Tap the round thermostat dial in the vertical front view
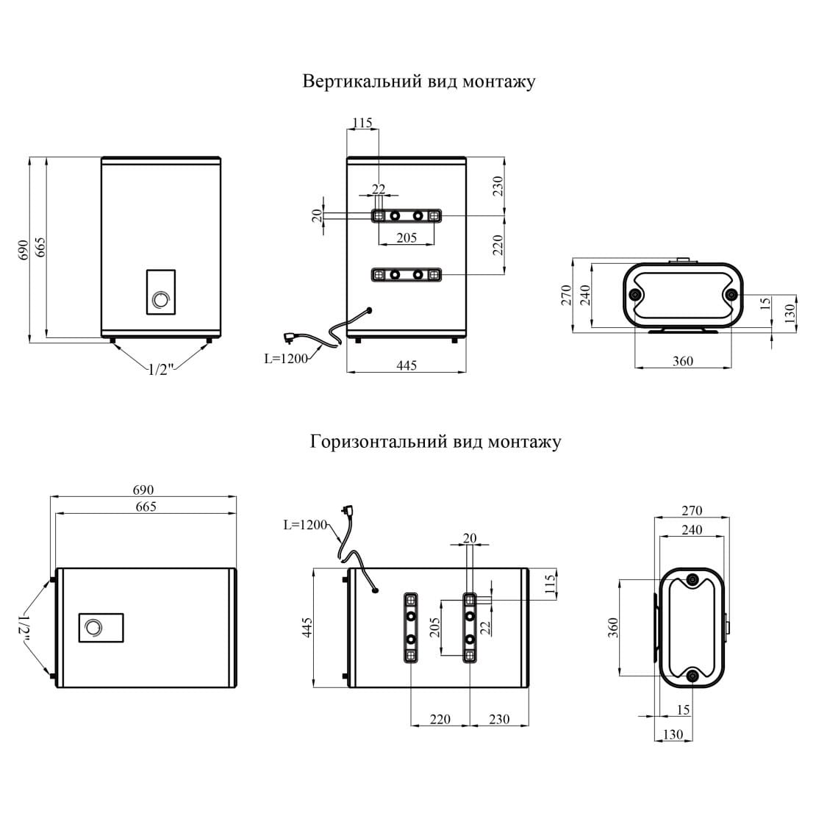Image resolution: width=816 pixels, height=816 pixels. [160, 299]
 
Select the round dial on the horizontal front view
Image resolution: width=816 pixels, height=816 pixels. [93, 628]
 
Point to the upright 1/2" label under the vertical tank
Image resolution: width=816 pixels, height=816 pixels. [160, 370]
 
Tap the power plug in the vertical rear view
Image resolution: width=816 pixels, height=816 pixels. [291, 338]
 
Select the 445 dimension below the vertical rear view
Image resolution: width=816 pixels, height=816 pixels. [406, 365]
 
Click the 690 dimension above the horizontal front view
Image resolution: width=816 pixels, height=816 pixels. [143, 490]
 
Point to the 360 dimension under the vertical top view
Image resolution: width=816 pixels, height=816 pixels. [682, 361]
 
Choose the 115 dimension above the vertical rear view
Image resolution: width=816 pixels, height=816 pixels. [362, 123]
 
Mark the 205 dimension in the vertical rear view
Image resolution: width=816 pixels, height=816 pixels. [406, 237]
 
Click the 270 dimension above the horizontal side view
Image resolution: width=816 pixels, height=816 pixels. [692, 510]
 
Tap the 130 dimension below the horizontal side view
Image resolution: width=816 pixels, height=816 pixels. [673, 734]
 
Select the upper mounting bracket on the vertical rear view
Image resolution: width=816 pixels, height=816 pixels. [407, 215]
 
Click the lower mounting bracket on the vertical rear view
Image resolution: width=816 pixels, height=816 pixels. [407, 274]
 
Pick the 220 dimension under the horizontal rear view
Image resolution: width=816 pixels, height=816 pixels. [440, 720]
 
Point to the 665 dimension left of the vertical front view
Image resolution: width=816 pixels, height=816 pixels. [40, 248]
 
